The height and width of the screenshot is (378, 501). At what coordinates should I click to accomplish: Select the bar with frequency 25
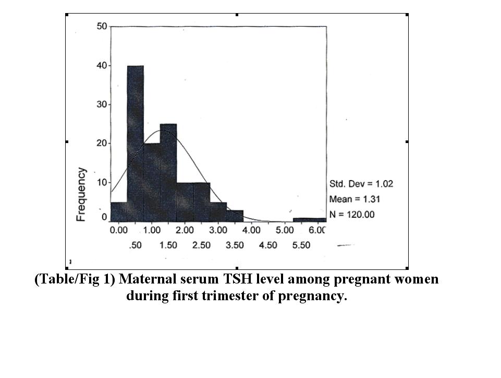(168, 172)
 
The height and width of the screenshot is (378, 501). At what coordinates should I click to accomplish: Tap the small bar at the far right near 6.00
(310, 220)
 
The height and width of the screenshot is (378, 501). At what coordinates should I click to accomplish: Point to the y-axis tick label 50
(102, 27)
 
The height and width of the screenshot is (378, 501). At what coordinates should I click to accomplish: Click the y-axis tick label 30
(102, 104)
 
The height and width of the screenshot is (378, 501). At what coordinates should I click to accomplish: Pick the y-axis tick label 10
(102, 182)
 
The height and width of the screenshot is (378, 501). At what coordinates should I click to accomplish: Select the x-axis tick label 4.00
(252, 230)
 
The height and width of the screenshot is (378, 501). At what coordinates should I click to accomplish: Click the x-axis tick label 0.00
(119, 230)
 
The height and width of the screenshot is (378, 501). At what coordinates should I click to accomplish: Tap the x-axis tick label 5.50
(301, 245)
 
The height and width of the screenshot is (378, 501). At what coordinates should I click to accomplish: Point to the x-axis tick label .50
(135, 245)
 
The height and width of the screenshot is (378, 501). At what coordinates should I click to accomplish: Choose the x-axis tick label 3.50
(235, 245)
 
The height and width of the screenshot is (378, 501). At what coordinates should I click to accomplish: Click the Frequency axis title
(82, 194)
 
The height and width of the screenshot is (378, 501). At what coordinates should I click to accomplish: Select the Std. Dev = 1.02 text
(361, 184)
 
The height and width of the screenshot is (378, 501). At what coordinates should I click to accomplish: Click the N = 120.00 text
(352, 214)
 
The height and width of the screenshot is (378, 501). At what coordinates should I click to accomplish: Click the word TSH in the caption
(232, 279)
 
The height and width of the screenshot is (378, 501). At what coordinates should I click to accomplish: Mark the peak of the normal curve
(157, 130)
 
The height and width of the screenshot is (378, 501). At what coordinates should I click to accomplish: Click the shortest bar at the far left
(119, 211)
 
